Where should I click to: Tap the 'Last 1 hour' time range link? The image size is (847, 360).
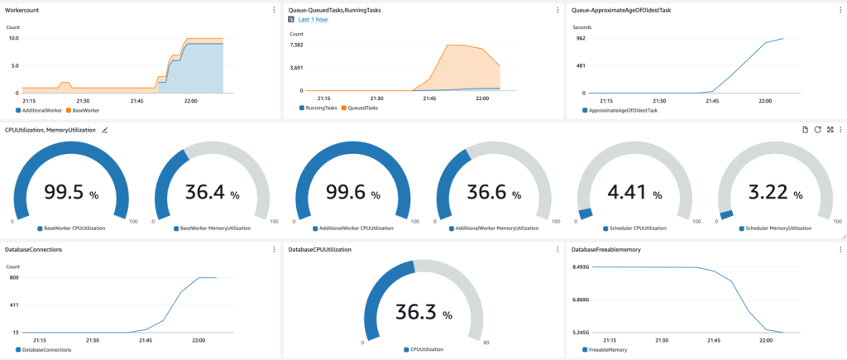(x=313, y=19)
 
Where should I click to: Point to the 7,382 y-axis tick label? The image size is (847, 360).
(x=298, y=45)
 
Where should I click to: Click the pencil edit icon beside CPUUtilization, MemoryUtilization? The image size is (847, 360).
(x=105, y=130)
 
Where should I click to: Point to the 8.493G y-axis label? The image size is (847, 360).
(x=585, y=267)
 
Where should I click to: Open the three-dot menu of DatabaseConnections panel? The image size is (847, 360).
(x=274, y=248)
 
